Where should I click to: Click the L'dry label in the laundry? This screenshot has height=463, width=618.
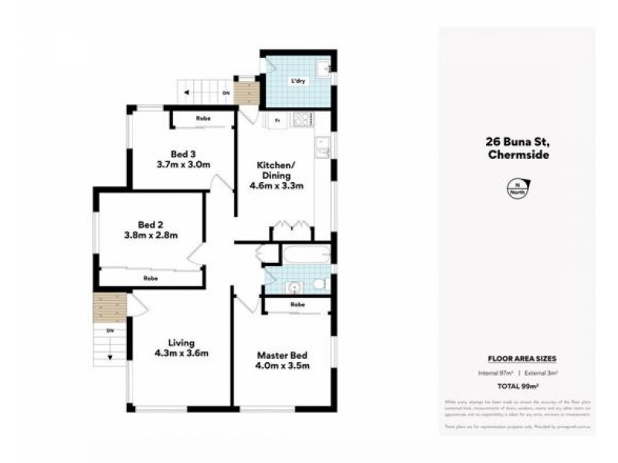point(297,81)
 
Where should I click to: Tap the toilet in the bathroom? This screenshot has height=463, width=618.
point(319,286)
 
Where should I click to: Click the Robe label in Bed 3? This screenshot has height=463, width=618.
point(203,119)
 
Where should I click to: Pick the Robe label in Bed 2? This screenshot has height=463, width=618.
point(151,278)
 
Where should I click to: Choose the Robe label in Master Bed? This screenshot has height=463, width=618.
point(297,306)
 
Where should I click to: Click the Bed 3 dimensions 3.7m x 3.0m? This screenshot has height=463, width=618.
point(183,164)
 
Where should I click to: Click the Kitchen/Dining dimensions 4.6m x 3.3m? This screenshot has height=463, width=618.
point(275,185)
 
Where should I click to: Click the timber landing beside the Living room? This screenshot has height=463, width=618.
point(110,308)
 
